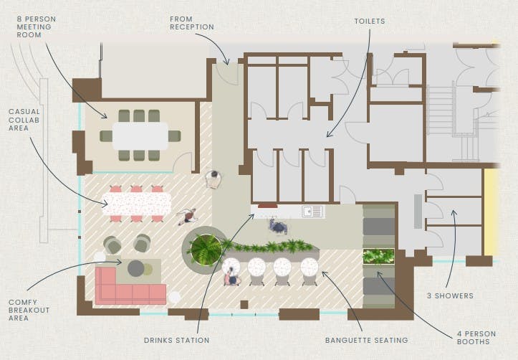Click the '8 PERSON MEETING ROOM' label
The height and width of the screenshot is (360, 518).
pos(37,27)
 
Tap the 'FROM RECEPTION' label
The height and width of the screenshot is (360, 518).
pos(192,23)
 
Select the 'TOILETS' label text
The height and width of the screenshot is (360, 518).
pos(370,22)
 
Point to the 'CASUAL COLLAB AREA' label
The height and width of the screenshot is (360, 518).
pos(24,120)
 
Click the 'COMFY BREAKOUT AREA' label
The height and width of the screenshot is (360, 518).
pos(29,310)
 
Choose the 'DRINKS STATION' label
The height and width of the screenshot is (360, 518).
pos(177,340)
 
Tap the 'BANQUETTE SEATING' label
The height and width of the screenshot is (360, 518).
pos(367,340)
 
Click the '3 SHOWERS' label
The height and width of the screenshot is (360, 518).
pos(450,296)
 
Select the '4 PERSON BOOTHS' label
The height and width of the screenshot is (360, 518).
pos(476,338)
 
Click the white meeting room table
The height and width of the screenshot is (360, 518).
pos(140,136)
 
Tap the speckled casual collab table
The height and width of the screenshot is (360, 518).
pos(137,204)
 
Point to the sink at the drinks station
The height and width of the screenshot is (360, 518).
pos(312,212)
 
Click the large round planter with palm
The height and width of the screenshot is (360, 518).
pos(206,250)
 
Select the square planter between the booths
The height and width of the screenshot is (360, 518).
pos(378,257)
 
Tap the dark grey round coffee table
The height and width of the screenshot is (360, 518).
pos(136,268)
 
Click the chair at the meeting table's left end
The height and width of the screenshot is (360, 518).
pos(106,136)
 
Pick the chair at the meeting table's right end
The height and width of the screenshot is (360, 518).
pos(174,136)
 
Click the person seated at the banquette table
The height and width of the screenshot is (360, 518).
pos(232,277)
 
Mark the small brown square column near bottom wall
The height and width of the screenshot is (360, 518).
pos(244,305)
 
